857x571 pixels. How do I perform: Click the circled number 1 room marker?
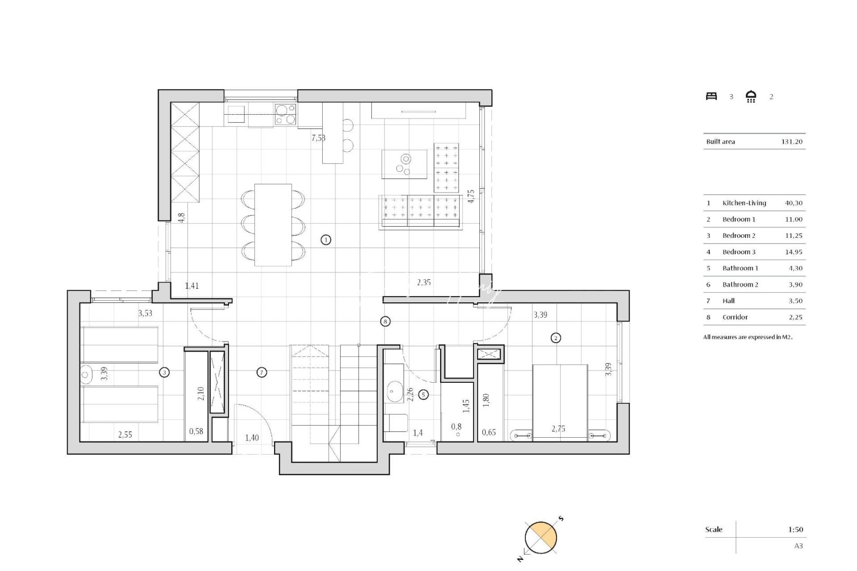pyautogui.click(x=326, y=240)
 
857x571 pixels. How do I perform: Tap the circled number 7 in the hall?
pyautogui.click(x=261, y=372)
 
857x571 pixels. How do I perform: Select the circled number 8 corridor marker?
pyautogui.click(x=385, y=321)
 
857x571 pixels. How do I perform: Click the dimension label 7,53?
pyautogui.click(x=318, y=138)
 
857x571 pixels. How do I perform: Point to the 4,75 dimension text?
pyautogui.click(x=471, y=196)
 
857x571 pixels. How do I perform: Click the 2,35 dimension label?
pyautogui.click(x=424, y=282)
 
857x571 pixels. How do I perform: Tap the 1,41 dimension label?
pyautogui.click(x=192, y=286)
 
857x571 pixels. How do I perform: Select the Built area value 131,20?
pyautogui.click(x=791, y=142)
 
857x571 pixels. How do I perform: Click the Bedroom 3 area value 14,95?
pyautogui.click(x=794, y=252)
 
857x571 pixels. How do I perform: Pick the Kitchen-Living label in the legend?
pyautogui.click(x=744, y=203)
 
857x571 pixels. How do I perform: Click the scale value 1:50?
pyautogui.click(x=795, y=529)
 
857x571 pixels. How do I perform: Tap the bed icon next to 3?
pyautogui.click(x=712, y=96)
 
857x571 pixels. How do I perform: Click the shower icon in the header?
pyautogui.click(x=751, y=96)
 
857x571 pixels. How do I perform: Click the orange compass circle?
pyautogui.click(x=541, y=538)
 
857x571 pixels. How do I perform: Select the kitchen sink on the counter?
pyautogui.click(x=236, y=111)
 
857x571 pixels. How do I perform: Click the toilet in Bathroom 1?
pyautogui.click(x=396, y=423)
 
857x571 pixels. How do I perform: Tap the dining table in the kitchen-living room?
pyautogui.click(x=272, y=225)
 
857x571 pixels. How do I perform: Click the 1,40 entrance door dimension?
pyautogui.click(x=252, y=438)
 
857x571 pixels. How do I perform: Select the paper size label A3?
pyautogui.click(x=798, y=546)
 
